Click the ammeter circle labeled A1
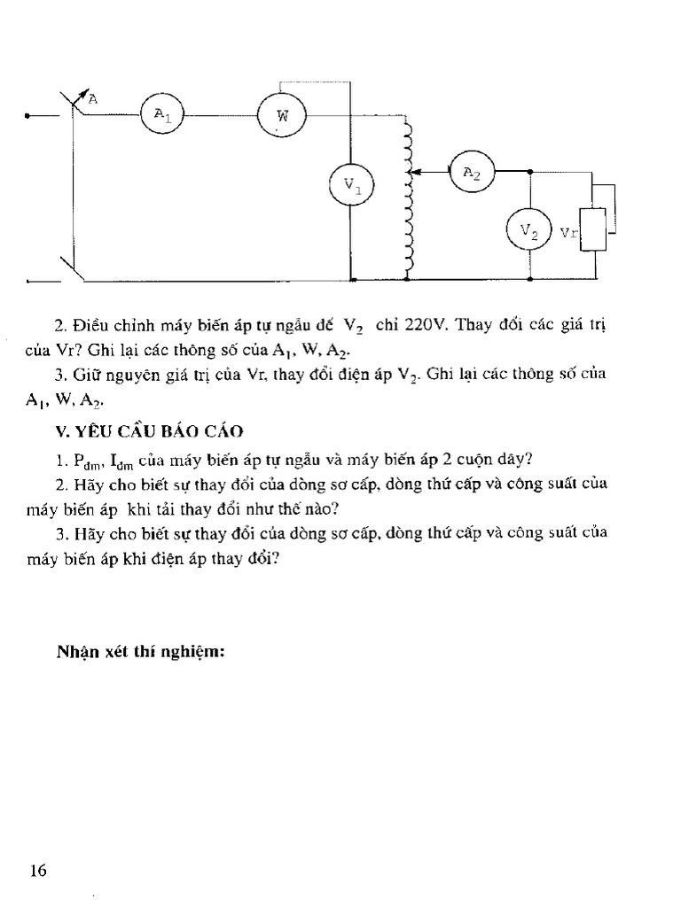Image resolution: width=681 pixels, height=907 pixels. tap(160, 114)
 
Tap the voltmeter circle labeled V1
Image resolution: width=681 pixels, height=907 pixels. tap(352, 186)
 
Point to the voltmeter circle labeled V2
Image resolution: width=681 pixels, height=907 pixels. tap(528, 232)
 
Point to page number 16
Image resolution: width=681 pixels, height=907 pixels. tap(38, 870)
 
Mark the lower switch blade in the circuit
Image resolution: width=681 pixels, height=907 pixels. tap(71, 267)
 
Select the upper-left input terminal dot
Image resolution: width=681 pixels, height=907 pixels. tap(29, 115)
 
